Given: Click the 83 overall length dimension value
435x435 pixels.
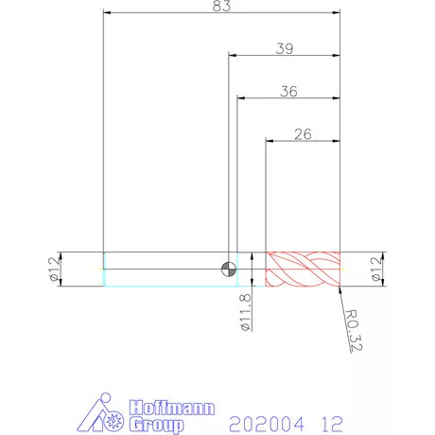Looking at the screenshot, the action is [221, 6].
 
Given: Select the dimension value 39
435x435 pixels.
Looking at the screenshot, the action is [285, 48].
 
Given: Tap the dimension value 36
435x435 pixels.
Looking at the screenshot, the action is [288, 91].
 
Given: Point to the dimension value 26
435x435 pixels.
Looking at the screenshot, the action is [303, 134].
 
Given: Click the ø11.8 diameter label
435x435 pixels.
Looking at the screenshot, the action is [246, 312].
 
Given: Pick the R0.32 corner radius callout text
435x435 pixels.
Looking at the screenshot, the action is [353, 330].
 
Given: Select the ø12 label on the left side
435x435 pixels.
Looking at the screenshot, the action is [54, 269].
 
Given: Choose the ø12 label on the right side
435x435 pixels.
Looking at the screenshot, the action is [376, 269].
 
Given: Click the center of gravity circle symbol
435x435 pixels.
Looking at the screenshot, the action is [229, 270].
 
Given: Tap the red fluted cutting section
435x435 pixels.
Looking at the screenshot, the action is [303, 270].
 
